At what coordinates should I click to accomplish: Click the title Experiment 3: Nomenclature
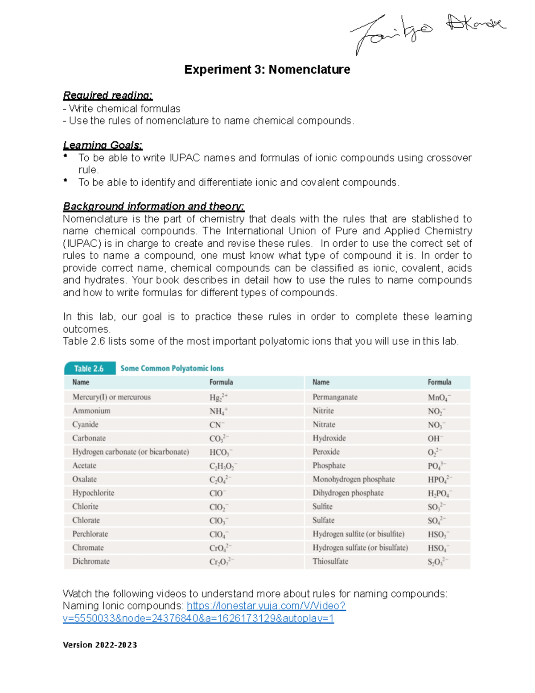(267, 70)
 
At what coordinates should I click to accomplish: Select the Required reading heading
(107, 95)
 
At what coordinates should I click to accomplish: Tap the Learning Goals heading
(103, 145)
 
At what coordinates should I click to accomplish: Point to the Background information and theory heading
(153, 206)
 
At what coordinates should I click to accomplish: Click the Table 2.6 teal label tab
(89, 369)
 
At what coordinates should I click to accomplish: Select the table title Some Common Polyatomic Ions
(172, 369)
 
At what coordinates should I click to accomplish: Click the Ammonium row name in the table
(91, 411)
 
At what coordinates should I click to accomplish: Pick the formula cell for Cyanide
(217, 425)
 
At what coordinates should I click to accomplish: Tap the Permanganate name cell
(335, 397)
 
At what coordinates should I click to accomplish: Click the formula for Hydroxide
(435, 439)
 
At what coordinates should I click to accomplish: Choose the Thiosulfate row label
(330, 561)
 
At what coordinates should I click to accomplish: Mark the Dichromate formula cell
(222, 562)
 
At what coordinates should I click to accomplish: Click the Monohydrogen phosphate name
(354, 479)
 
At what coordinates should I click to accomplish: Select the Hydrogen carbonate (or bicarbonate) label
(131, 452)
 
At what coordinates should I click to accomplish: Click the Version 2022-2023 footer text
(100, 645)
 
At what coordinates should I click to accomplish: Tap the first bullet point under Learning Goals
(66, 156)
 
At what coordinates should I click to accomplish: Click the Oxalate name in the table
(85, 479)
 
